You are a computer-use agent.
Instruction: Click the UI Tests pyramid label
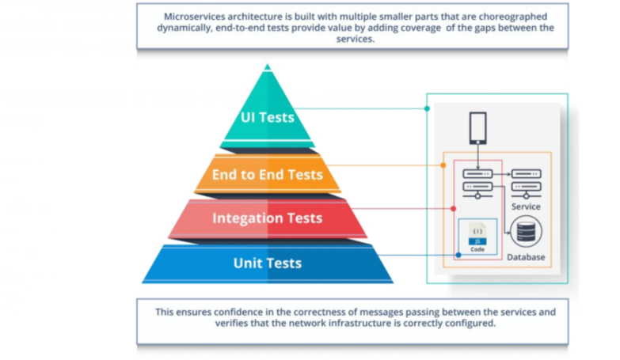[268, 118]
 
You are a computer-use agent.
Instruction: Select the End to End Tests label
[267, 175]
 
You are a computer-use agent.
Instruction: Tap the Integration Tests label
[267, 218]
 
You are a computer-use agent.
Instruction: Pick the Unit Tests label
[267, 263]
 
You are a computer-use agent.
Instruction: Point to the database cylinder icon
[525, 233]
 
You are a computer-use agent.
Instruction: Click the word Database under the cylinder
[526, 257]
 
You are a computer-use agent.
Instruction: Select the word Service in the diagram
[526, 207]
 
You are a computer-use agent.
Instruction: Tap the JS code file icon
[477, 234]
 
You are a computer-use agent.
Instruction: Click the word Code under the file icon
[477, 249]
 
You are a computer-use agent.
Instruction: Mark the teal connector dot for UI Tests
[427, 108]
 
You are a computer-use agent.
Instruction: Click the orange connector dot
[443, 165]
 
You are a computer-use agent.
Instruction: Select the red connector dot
[453, 208]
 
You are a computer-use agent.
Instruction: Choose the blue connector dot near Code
[458, 255]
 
